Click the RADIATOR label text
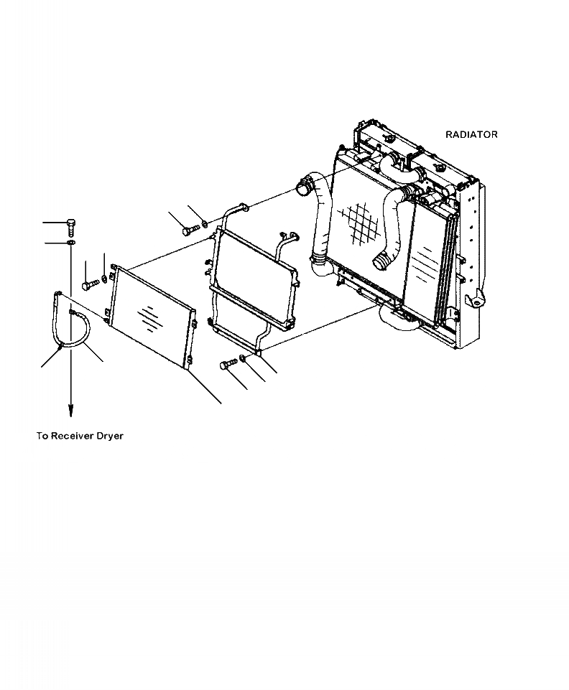pyautogui.click(x=471, y=134)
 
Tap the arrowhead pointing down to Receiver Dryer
pyautogui.click(x=71, y=410)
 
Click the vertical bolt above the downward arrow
pyautogui.click(x=70, y=227)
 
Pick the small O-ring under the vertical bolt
pyautogui.click(x=71, y=244)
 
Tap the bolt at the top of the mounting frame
pyautogui.click(x=189, y=230)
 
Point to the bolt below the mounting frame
pyautogui.click(x=228, y=365)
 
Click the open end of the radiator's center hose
pyautogui.click(x=381, y=262)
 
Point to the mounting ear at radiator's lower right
pyautogui.click(x=475, y=300)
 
